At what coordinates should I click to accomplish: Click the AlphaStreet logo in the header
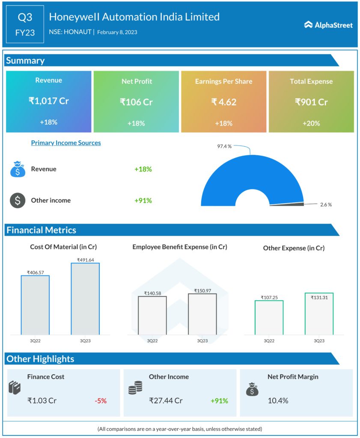pyautogui.click(x=328, y=25)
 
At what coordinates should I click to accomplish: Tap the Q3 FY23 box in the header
pyautogui.click(x=25, y=24)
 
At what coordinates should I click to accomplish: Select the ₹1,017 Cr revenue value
pyautogui.click(x=49, y=101)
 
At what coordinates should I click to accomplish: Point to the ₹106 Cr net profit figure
pyautogui.click(x=136, y=102)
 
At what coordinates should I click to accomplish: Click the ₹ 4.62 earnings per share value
pyautogui.click(x=223, y=102)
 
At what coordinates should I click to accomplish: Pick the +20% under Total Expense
pyautogui.click(x=311, y=123)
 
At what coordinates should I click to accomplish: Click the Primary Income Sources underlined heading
pyautogui.click(x=66, y=143)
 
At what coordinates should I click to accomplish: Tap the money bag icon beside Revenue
pyautogui.click(x=18, y=169)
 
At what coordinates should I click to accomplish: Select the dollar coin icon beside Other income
pyautogui.click(x=18, y=200)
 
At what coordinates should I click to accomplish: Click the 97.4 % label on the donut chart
pyautogui.click(x=224, y=146)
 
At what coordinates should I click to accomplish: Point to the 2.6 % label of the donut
pyautogui.click(x=326, y=204)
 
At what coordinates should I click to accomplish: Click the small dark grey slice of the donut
pyautogui.click(x=287, y=204)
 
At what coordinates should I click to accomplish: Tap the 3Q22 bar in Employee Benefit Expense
pyautogui.click(x=152, y=315)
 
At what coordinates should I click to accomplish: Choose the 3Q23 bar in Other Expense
pyautogui.click(x=319, y=314)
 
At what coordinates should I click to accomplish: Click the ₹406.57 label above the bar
pyautogui.click(x=35, y=272)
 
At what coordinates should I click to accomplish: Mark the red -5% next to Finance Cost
pyautogui.click(x=101, y=401)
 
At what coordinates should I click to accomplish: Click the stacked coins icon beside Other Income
pyautogui.click(x=135, y=388)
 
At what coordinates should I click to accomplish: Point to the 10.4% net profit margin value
pyautogui.click(x=278, y=401)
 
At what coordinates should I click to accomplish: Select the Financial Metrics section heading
pyautogui.click(x=41, y=230)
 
